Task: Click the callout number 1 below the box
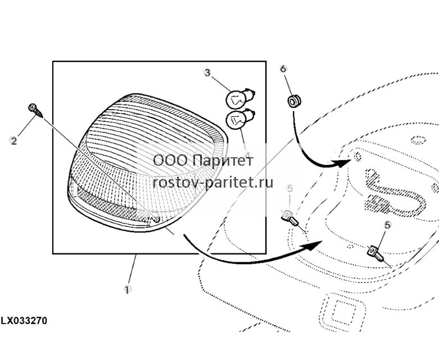point(128,289)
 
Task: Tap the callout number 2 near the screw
point(13,140)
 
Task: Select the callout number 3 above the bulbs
point(207,72)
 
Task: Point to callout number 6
point(283,69)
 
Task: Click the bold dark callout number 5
point(387,225)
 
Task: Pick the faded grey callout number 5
point(290,188)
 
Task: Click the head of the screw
point(33,107)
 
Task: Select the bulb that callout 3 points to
point(240,98)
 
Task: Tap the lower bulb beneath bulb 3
point(240,120)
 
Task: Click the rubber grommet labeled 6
point(294,102)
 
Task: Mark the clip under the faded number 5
point(290,218)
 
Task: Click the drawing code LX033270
point(24,321)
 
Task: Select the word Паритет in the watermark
point(223,160)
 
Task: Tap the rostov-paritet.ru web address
point(213,183)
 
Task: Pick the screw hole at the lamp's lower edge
point(156,219)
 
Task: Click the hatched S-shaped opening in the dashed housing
point(395,193)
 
